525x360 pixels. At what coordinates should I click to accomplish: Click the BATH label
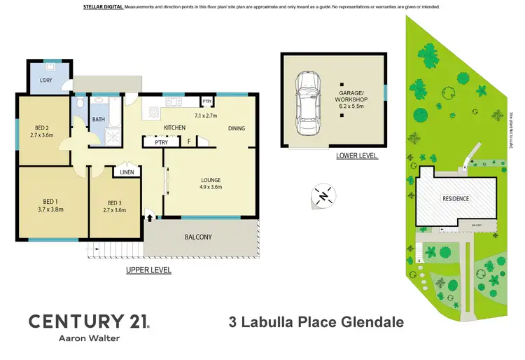pos(99,119)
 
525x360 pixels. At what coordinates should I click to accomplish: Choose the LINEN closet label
pos(127,172)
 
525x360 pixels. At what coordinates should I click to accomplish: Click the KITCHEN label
pos(174,127)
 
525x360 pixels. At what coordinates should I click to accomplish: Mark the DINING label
pos(236,128)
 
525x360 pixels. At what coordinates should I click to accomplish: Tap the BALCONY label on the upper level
pos(198,237)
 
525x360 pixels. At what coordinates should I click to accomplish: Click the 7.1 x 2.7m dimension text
pos(206,116)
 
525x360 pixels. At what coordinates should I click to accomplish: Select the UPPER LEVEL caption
pos(148,270)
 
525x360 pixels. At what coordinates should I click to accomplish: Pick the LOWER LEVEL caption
pos(356,155)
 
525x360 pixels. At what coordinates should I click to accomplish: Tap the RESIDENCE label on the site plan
pos(455,198)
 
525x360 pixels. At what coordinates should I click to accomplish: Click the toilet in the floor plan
pos(81,104)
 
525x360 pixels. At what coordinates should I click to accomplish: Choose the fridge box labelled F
pos(189,142)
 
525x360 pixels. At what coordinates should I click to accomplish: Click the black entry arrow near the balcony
pos(149,218)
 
